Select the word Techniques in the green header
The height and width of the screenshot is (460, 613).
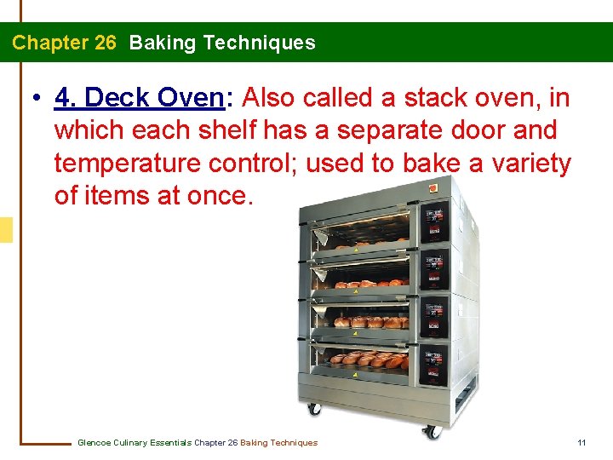[x=266, y=43]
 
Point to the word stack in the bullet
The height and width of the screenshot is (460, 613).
[x=433, y=98]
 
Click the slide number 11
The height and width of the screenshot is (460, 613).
[x=581, y=442]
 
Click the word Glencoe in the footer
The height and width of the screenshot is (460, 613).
[x=93, y=442]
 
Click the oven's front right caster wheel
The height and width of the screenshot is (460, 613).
[x=433, y=431]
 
